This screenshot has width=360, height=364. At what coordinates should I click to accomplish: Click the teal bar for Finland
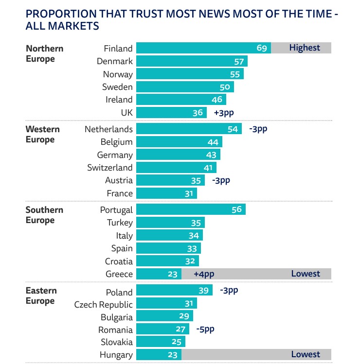(203, 48)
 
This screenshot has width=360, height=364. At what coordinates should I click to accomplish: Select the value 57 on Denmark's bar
(238, 61)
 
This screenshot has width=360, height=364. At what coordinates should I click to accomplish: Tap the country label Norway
(118, 74)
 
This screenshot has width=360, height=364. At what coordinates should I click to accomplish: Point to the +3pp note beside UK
(224, 113)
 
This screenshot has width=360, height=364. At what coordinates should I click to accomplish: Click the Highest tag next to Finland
(305, 48)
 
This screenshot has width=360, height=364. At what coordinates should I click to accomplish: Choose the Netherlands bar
(189, 129)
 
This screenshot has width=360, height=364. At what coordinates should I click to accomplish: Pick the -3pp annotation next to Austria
(221, 180)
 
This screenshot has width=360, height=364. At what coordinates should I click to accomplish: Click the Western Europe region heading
(43, 135)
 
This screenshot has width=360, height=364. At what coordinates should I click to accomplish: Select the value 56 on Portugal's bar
(236, 210)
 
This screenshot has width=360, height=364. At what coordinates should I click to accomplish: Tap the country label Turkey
(120, 223)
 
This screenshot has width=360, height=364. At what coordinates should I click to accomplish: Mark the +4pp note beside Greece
(204, 274)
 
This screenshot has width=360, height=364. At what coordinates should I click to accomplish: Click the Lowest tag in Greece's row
(306, 274)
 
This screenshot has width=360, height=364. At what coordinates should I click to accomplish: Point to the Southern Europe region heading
(44, 215)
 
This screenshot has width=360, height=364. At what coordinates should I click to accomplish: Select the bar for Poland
(174, 291)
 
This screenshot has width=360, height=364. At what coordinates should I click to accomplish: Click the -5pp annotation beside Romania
(205, 329)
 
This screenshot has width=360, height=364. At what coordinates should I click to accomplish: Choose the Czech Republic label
(103, 305)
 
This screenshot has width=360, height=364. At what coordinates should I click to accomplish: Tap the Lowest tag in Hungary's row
(306, 354)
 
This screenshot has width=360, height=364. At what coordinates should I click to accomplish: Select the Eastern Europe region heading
(41, 296)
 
